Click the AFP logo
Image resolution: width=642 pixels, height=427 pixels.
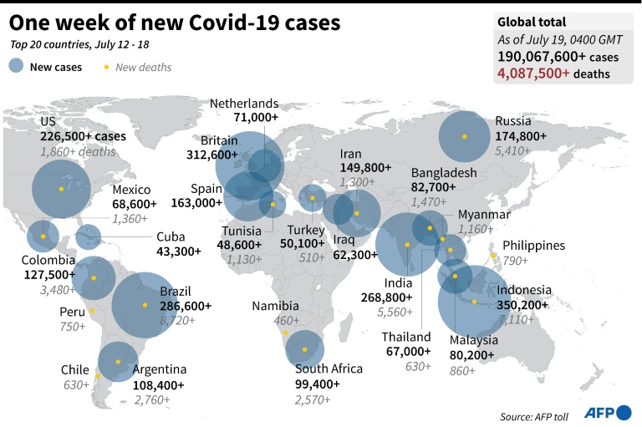coord(609,412)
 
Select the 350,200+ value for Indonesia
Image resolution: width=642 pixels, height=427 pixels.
coord(523,305)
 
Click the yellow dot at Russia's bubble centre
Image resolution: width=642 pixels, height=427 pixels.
coord(464,136)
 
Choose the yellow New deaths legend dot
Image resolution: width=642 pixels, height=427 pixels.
coord(106,67)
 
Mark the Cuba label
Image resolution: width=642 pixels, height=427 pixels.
coord(170,236)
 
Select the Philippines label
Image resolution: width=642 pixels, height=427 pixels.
coord(533,246)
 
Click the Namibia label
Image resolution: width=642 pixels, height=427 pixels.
coord(276,307)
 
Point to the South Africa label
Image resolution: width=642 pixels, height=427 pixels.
coord(329,369)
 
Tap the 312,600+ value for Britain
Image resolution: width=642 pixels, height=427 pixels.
coord(212,155)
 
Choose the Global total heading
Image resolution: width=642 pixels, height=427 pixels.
coord(532,23)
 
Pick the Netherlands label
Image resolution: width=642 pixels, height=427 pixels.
coord(244,104)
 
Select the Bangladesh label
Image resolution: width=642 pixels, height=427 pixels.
coord(444,173)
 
